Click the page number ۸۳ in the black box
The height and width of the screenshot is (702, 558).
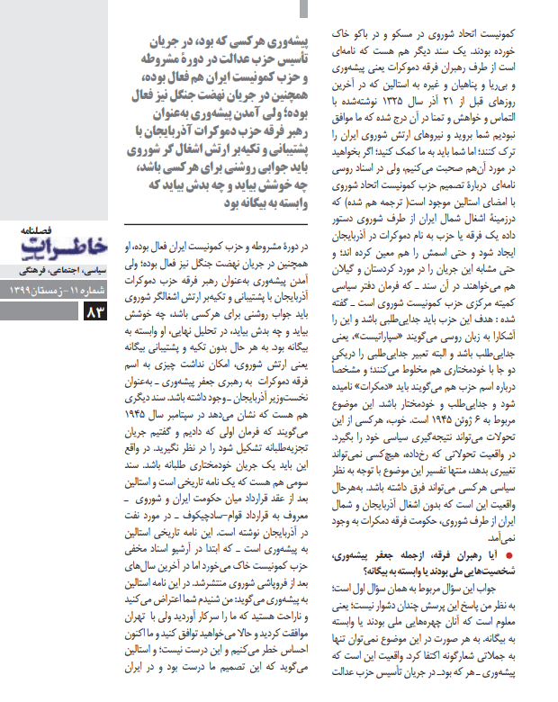pos(96,312)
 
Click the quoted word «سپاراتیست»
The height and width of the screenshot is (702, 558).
pos(423,333)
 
